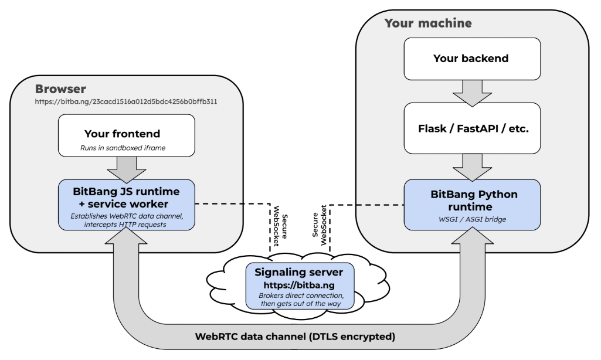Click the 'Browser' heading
(60, 90)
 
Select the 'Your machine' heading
(427, 23)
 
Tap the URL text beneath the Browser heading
(127, 101)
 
